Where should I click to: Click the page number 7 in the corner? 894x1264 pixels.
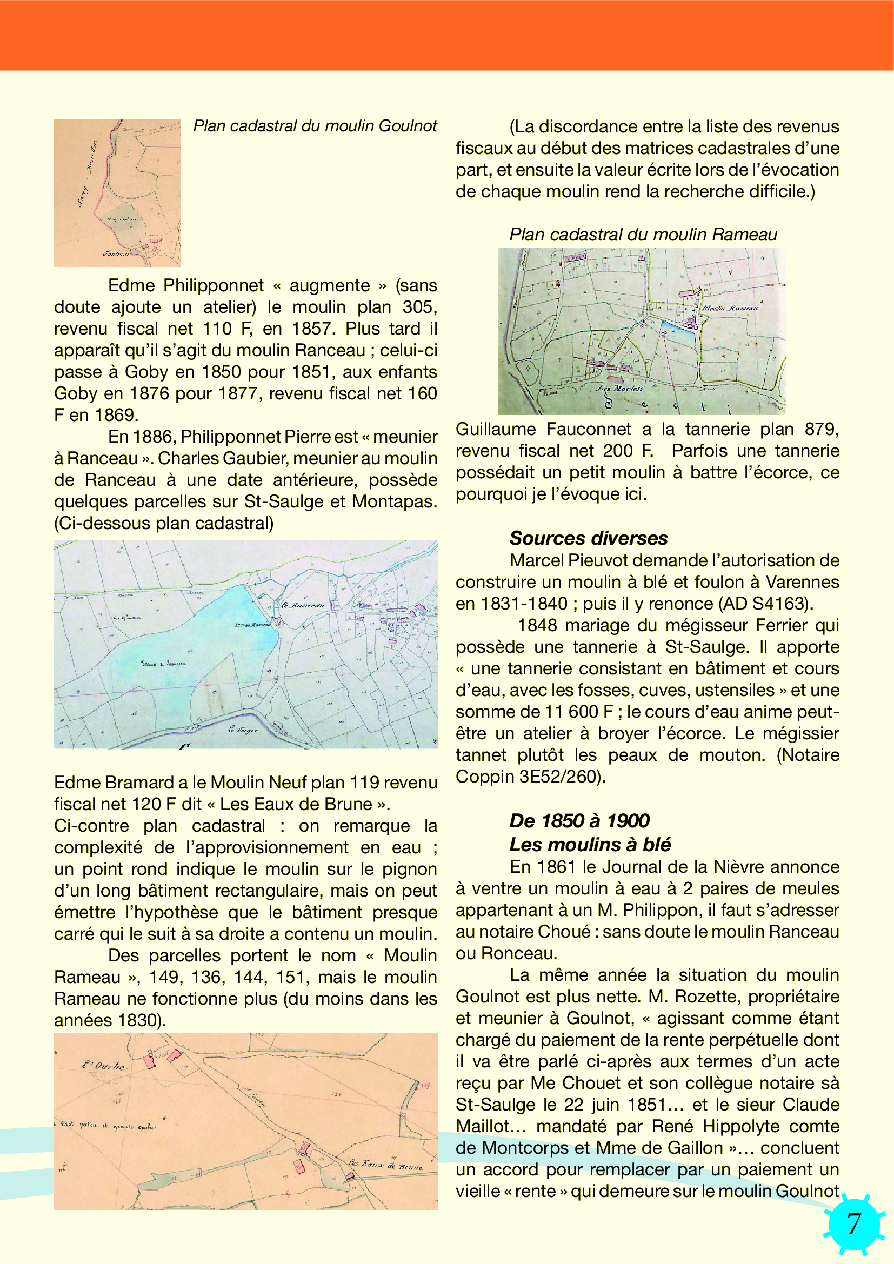click(854, 1224)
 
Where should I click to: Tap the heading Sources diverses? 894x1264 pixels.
click(589, 538)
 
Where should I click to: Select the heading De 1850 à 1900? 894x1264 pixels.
click(579, 821)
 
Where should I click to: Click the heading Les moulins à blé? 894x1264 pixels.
click(590, 845)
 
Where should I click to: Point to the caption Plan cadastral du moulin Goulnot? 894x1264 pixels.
click(315, 126)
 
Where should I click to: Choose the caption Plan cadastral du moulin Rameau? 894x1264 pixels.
click(643, 235)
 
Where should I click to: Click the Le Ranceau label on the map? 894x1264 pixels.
click(303, 605)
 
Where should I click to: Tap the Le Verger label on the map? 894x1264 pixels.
click(243, 730)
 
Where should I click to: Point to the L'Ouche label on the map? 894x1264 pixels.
click(103, 1065)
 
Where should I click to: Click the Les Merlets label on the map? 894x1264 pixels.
click(620, 388)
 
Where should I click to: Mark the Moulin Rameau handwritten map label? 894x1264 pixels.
click(730, 307)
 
